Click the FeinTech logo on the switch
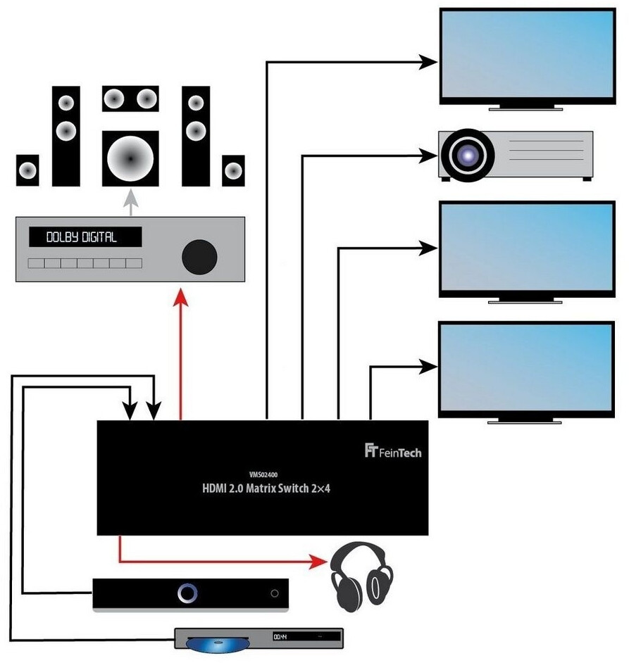pos(393,451)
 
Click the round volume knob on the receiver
pos(199,256)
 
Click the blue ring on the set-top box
pos(187,593)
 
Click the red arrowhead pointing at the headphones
pos(320,561)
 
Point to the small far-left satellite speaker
pos(27,170)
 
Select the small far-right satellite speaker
pos(233,170)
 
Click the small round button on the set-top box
pos(274,593)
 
